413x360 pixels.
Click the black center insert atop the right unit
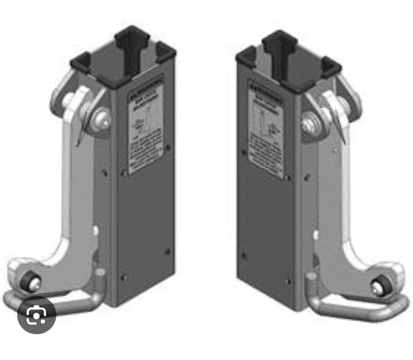click(279, 41)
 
